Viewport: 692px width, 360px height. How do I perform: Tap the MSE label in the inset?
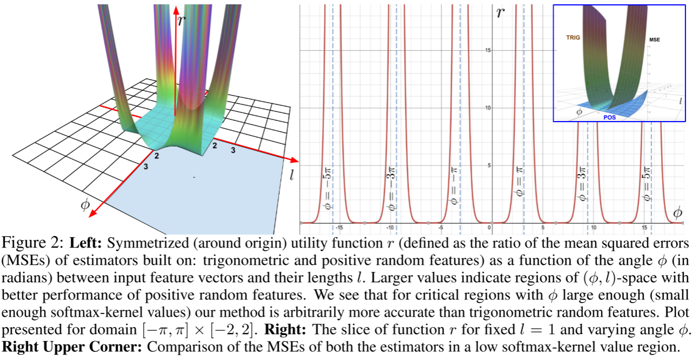[655, 39]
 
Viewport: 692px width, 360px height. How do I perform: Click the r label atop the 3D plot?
[181, 20]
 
